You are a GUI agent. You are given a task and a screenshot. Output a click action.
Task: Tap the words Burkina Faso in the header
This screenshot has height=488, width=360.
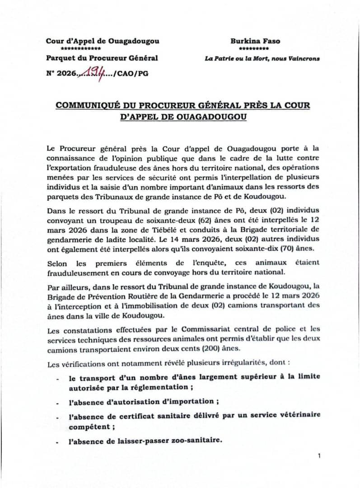255,41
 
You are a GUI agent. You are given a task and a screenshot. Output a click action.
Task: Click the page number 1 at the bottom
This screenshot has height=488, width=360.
319,456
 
